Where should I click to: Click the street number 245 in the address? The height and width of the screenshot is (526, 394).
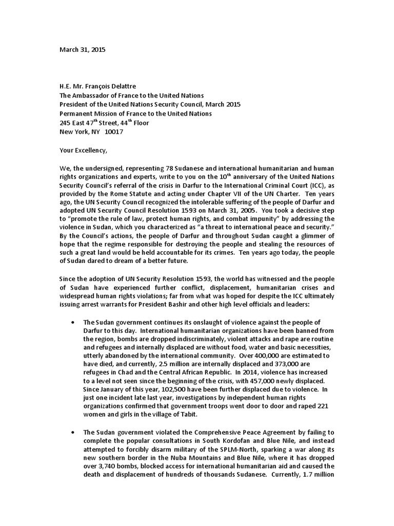click(x=66, y=122)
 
